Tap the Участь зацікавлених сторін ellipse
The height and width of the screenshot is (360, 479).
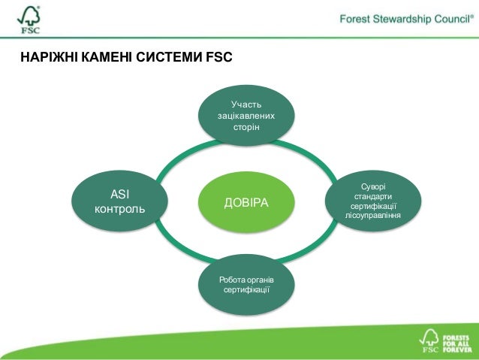pyautogui.click(x=246, y=116)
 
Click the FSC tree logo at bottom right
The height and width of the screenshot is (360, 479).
pyautogui.click(x=429, y=340)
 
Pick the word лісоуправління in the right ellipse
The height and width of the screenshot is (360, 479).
pyautogui.click(x=372, y=216)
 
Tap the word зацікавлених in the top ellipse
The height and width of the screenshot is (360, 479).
pyautogui.click(x=246, y=116)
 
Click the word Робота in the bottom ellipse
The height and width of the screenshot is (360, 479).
pyautogui.click(x=230, y=280)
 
